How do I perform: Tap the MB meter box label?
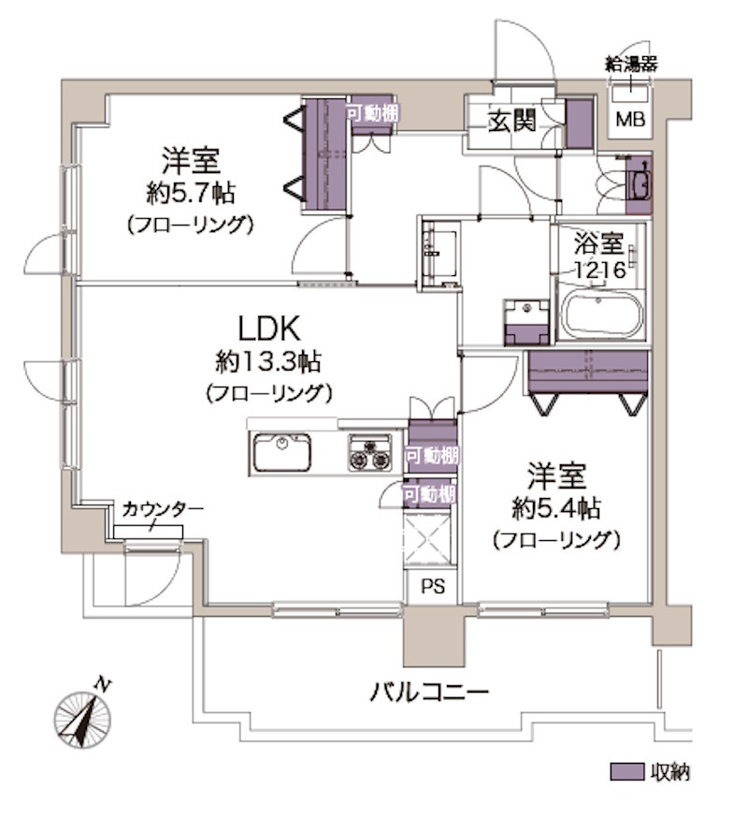tap(629, 119)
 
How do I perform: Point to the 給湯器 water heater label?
tap(631, 64)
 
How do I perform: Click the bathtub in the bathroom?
tap(601, 314)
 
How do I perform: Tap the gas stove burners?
tap(370, 452)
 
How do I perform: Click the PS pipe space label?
tap(431, 588)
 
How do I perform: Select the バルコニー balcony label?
tap(429, 694)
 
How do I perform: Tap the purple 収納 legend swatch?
tap(626, 772)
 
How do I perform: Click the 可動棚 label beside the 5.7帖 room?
tap(372, 112)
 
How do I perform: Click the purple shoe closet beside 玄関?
tap(580, 123)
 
